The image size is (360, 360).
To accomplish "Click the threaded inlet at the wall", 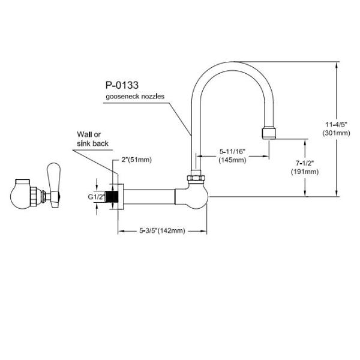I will (x=110, y=196).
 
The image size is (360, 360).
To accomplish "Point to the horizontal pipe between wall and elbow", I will (x=150, y=196).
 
